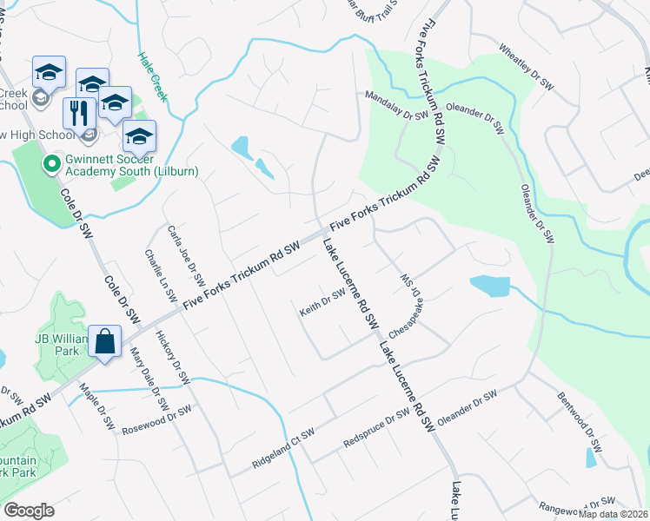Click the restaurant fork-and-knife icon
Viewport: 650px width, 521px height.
click(x=79, y=112)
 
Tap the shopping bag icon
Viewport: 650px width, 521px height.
click(x=104, y=340)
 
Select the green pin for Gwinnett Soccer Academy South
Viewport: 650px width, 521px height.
click(x=50, y=162)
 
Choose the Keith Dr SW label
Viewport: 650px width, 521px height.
click(x=322, y=306)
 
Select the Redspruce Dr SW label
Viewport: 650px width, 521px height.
click(x=375, y=427)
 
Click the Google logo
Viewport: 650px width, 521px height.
click(x=30, y=511)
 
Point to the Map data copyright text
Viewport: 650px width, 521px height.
click(x=614, y=514)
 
